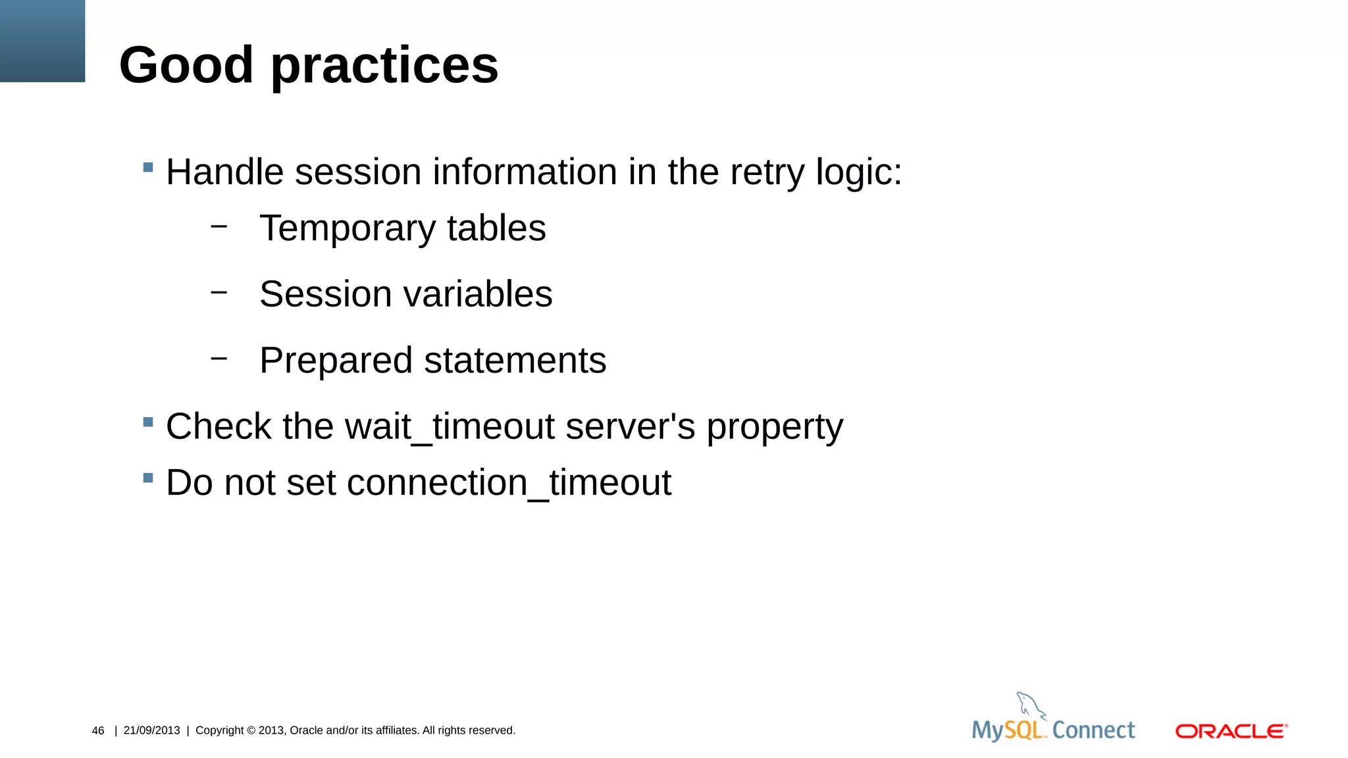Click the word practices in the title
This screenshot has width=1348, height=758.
pyautogui.click(x=384, y=66)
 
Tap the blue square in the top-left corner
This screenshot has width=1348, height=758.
pyautogui.click(x=42, y=41)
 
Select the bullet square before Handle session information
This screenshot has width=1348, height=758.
pyautogui.click(x=148, y=167)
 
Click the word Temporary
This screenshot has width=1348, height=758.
pyautogui.click(x=348, y=229)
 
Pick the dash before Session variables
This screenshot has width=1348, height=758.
pyautogui.click(x=219, y=291)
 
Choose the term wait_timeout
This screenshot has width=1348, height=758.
pyautogui.click(x=450, y=426)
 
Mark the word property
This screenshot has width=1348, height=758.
pyautogui.click(x=775, y=428)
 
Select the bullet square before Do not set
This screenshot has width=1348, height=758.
pyautogui.click(x=148, y=478)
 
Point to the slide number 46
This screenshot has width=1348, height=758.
pyautogui.click(x=98, y=730)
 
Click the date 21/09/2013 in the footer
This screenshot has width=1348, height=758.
pyautogui.click(x=151, y=730)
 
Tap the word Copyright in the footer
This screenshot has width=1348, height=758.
pyautogui.click(x=220, y=730)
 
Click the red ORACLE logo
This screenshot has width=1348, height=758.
pyautogui.click(x=1231, y=731)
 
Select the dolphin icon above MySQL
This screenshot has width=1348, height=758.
pyautogui.click(x=1030, y=705)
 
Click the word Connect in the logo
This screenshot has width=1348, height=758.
pyautogui.click(x=1093, y=730)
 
